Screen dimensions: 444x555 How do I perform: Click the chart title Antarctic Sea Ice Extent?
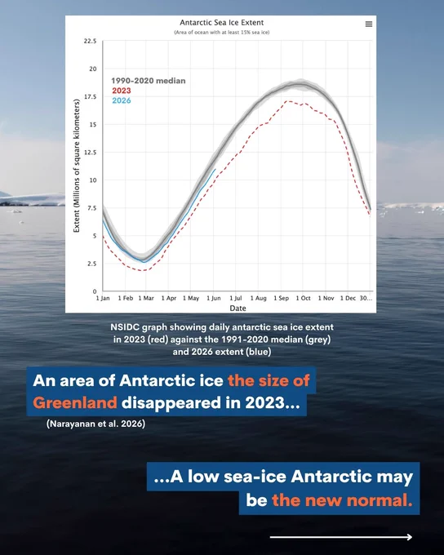click(222, 23)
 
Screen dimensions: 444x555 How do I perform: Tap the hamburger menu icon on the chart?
click(369, 24)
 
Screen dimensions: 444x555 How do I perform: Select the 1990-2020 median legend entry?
click(149, 81)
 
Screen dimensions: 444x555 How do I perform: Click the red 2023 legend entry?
click(122, 91)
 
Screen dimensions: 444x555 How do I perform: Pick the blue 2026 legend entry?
click(122, 100)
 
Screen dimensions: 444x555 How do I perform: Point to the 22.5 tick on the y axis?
click(90, 41)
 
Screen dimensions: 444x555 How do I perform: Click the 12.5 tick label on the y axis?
click(90, 153)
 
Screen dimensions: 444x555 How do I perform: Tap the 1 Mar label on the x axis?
click(146, 298)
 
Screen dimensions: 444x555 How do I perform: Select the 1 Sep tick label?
click(281, 298)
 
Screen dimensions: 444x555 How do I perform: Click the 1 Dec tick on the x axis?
click(348, 298)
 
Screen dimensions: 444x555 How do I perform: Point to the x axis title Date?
click(238, 309)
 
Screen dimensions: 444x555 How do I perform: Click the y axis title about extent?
click(77, 166)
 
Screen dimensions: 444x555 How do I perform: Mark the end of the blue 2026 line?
click(215, 169)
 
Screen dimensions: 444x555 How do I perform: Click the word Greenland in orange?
click(75, 403)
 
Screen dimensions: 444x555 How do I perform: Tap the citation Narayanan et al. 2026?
click(95, 424)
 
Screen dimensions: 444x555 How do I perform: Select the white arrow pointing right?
click(341, 537)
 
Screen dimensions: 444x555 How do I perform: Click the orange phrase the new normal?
click(342, 500)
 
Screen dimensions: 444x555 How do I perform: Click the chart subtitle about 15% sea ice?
click(222, 32)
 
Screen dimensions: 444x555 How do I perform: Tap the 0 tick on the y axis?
click(95, 291)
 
